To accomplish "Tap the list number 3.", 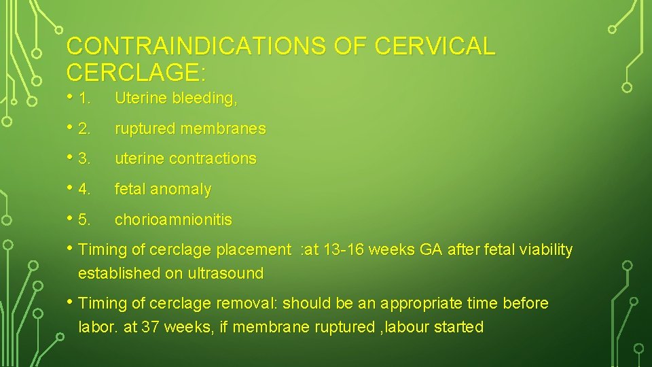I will coord(85,159).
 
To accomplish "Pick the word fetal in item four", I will coord(131,190).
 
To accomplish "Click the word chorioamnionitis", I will coord(173,220).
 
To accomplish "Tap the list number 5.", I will coord(85,220).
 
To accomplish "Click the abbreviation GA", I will coord(431,250).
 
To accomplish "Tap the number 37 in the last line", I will coord(149,327).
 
